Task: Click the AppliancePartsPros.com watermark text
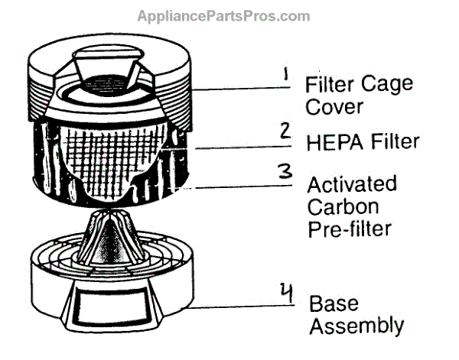(x=223, y=16)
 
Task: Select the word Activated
(x=352, y=185)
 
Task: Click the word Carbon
(x=338, y=206)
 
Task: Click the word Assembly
(x=356, y=326)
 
